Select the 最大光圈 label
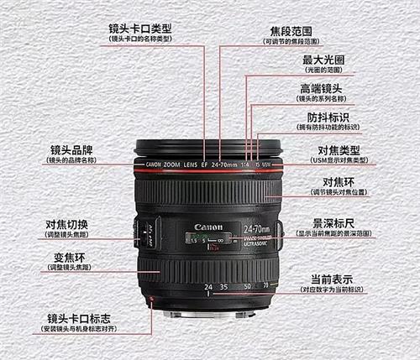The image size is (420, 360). click(x=323, y=60)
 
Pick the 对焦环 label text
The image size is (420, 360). click(x=341, y=182)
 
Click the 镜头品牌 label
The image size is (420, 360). click(x=71, y=149)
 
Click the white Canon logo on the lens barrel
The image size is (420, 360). click(x=208, y=227)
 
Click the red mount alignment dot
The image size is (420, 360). click(x=152, y=300)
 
